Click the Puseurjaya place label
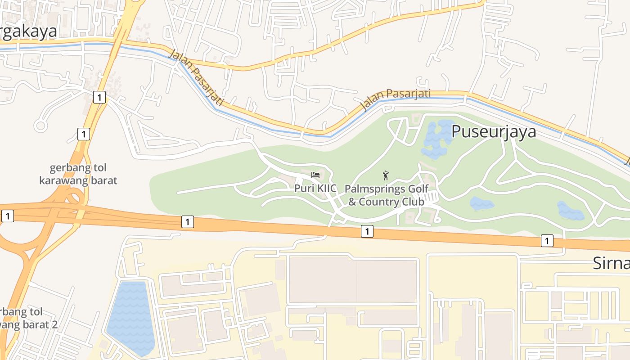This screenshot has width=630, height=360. (x=494, y=131)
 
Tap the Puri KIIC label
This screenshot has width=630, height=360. (x=315, y=189)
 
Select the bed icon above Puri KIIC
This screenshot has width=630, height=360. (x=315, y=175)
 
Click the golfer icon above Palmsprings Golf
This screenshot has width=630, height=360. (x=385, y=175)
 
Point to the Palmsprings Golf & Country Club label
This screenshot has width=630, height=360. (x=386, y=195)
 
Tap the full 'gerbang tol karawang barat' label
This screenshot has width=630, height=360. (x=78, y=174)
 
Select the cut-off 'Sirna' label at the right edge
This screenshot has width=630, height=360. (x=611, y=263)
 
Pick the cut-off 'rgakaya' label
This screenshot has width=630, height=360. (x=28, y=31)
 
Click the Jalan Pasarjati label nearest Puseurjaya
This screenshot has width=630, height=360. (x=396, y=99)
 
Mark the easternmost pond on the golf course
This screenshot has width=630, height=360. (x=571, y=211)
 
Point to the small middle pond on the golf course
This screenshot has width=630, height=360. (x=481, y=204)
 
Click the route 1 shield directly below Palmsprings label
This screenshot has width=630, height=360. (x=367, y=231)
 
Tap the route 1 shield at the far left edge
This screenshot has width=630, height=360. (x=7, y=216)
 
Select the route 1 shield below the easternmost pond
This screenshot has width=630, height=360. (x=547, y=241)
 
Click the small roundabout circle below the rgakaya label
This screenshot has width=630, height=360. (x=40, y=126)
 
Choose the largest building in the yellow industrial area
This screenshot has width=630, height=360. (x=353, y=280)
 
